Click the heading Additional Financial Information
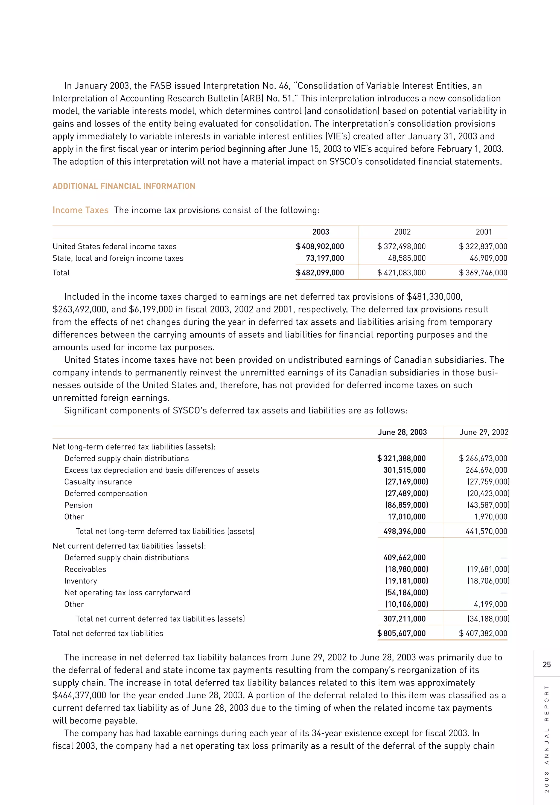click(x=124, y=186)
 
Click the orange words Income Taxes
click(x=81, y=210)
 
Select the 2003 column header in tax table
click(x=320, y=232)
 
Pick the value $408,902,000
click(x=320, y=246)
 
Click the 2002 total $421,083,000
click(x=401, y=273)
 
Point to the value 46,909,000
click(x=488, y=258)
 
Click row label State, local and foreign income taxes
click(x=118, y=258)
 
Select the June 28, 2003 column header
click(x=402, y=432)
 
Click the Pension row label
click(x=78, y=505)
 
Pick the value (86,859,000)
click(x=406, y=505)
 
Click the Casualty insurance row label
click(x=98, y=482)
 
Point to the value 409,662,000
click(x=404, y=558)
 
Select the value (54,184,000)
click(x=406, y=593)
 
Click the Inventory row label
click(x=80, y=581)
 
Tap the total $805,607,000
click(x=401, y=634)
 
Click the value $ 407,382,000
click(x=483, y=634)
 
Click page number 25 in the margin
click(x=547, y=665)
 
